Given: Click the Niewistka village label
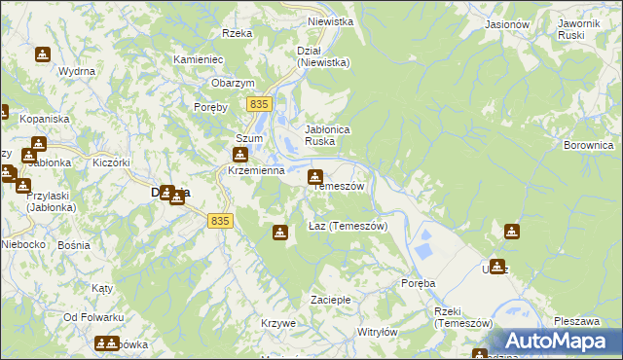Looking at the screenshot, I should (328, 20).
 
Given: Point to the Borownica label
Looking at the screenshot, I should (588, 145).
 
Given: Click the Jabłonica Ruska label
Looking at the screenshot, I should (327, 134).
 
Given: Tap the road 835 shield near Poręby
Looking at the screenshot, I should (258, 103).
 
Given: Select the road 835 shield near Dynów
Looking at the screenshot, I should (220, 221).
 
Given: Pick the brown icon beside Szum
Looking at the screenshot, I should (239, 155).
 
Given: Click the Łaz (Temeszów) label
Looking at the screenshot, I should (348, 226).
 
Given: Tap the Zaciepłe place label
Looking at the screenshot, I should (331, 299).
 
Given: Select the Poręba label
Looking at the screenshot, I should (419, 283).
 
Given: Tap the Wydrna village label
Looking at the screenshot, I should (76, 71).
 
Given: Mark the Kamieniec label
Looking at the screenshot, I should (199, 59).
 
